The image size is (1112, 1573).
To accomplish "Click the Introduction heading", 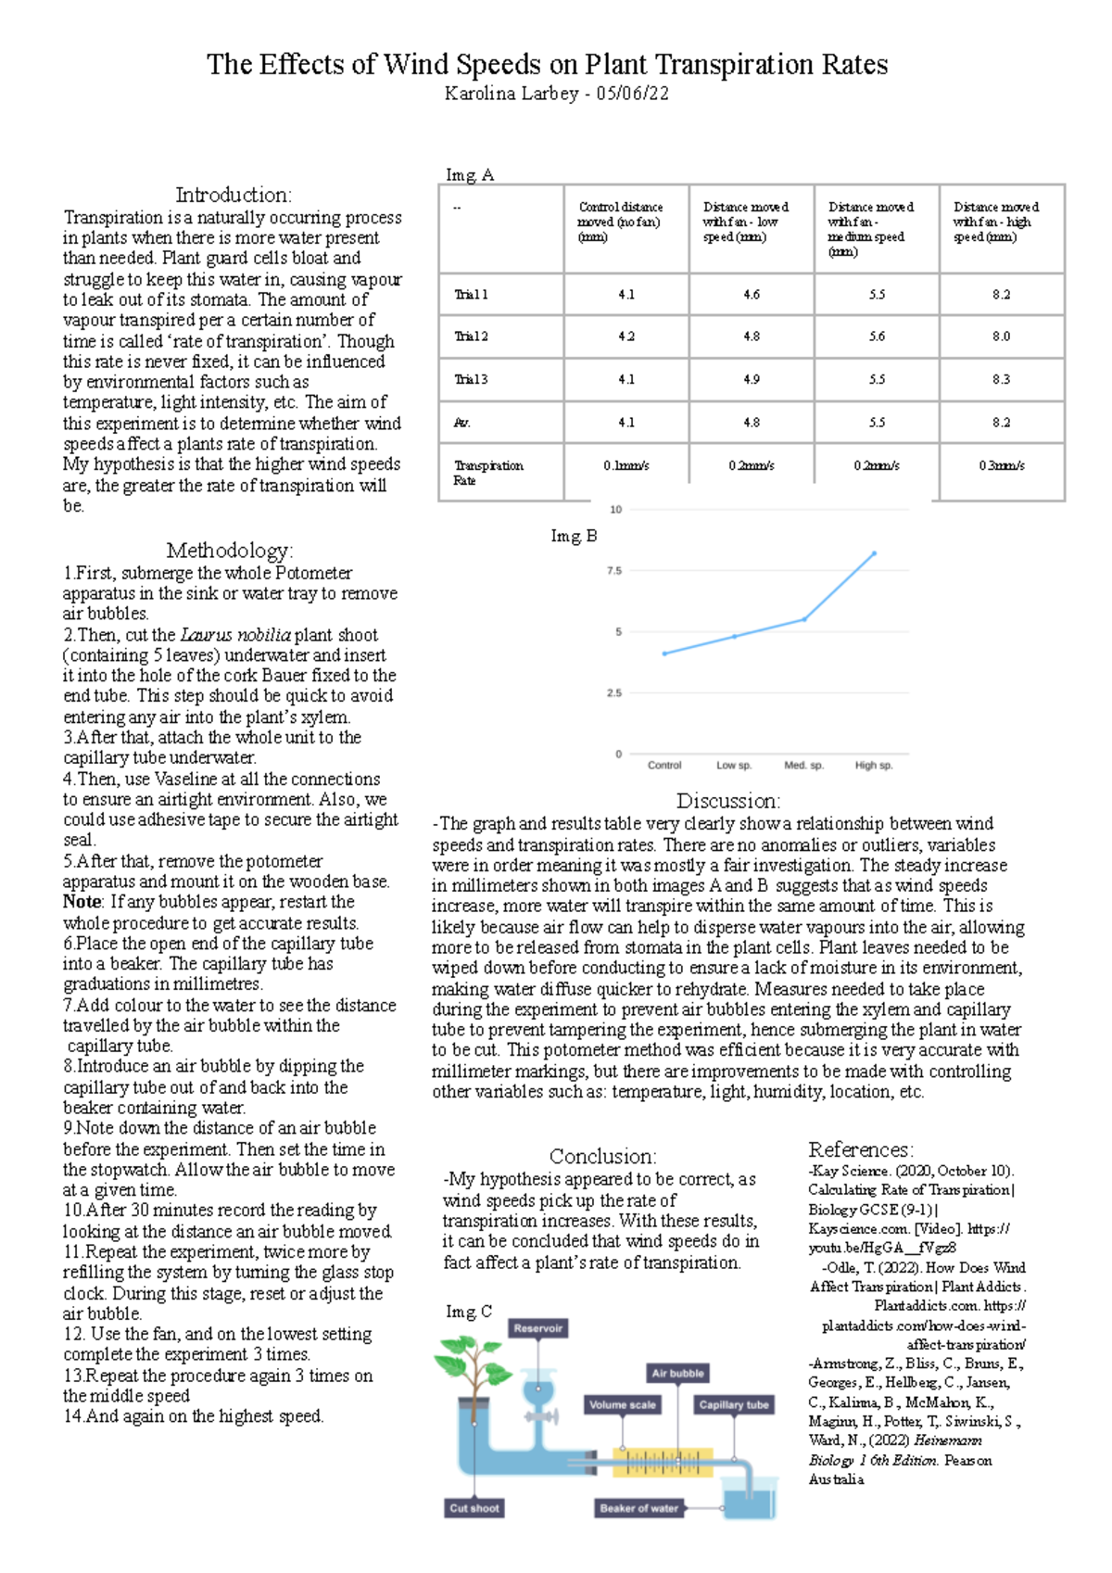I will coord(234,195).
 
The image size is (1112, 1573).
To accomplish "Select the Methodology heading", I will coord(229,551).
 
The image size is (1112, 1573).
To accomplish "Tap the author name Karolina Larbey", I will coord(512,94).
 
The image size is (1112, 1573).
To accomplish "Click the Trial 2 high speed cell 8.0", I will coord(1001,336).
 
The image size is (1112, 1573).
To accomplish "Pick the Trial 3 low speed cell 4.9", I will coord(751,379).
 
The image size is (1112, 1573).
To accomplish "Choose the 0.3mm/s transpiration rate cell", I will coord(1001,465).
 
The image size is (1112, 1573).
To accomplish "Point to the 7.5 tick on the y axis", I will coord(614,571).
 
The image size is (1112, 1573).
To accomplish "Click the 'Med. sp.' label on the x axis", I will coord(803,766).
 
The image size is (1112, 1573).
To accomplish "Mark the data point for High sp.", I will coord(874,553).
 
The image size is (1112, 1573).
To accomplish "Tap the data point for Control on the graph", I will coord(664,653).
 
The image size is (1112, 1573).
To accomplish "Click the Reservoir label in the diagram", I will coord(537,1328).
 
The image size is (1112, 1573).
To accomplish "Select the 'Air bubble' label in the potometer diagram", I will coord(677,1373).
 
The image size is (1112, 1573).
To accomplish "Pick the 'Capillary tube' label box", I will coord(734,1404).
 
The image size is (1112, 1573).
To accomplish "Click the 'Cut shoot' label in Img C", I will coord(474,1508).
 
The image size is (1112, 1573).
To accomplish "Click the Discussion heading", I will coord(727,801).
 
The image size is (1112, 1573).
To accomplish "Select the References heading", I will coord(860,1149).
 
